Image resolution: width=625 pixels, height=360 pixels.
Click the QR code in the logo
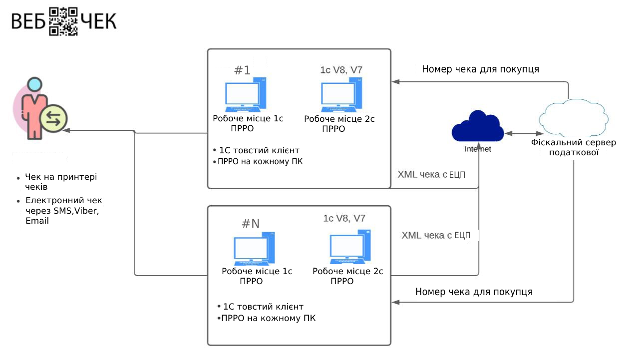click(64, 21)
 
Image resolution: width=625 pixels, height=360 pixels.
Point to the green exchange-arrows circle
click(53, 118)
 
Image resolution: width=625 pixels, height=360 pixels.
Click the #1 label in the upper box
click(242, 70)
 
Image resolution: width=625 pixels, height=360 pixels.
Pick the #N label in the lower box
click(251, 224)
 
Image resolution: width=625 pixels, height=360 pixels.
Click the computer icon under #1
click(245, 95)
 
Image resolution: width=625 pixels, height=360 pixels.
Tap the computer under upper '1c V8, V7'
click(340, 95)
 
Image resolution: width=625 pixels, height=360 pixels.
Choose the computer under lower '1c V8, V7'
click(350, 247)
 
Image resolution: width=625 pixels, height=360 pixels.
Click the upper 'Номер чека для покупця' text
click(480, 69)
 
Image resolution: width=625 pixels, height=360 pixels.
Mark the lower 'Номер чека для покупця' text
click(474, 292)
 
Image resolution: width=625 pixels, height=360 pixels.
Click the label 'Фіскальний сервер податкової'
click(573, 148)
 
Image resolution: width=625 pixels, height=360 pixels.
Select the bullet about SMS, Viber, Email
click(62, 211)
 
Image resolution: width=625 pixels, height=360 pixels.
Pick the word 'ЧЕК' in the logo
click(99, 21)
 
